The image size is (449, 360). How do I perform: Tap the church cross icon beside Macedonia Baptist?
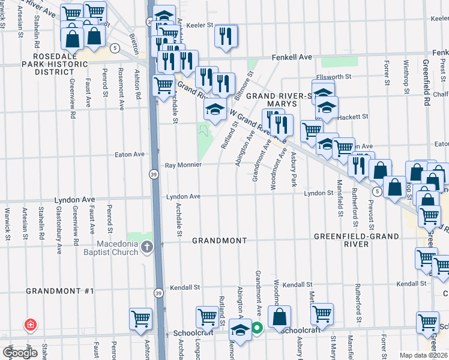click(148, 247)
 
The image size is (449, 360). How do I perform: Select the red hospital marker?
click(29, 325)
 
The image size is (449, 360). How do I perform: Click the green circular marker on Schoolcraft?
click(257, 328)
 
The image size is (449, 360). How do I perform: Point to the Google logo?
click(20, 353)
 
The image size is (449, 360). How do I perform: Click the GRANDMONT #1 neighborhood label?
click(60, 291)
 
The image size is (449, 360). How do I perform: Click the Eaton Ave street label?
click(130, 154)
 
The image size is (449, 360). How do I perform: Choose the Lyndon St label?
click(318, 193)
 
